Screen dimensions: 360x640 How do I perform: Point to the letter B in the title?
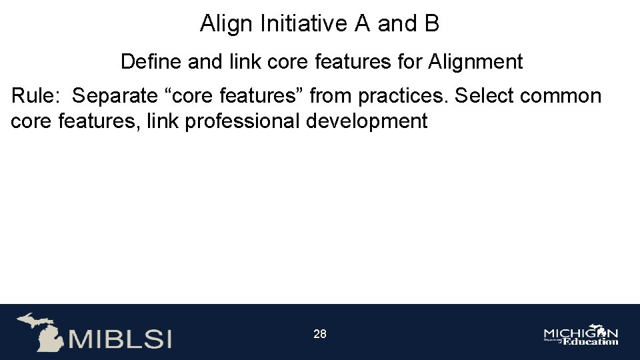click(x=431, y=24)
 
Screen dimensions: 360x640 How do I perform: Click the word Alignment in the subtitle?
click(x=475, y=62)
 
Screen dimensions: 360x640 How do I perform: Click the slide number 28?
click(x=320, y=334)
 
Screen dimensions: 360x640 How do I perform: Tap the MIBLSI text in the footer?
click(x=120, y=338)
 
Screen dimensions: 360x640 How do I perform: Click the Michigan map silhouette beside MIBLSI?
click(x=40, y=331)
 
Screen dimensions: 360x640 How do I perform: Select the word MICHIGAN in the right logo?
click(x=580, y=333)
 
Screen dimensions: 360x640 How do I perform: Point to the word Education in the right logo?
click(x=591, y=342)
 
